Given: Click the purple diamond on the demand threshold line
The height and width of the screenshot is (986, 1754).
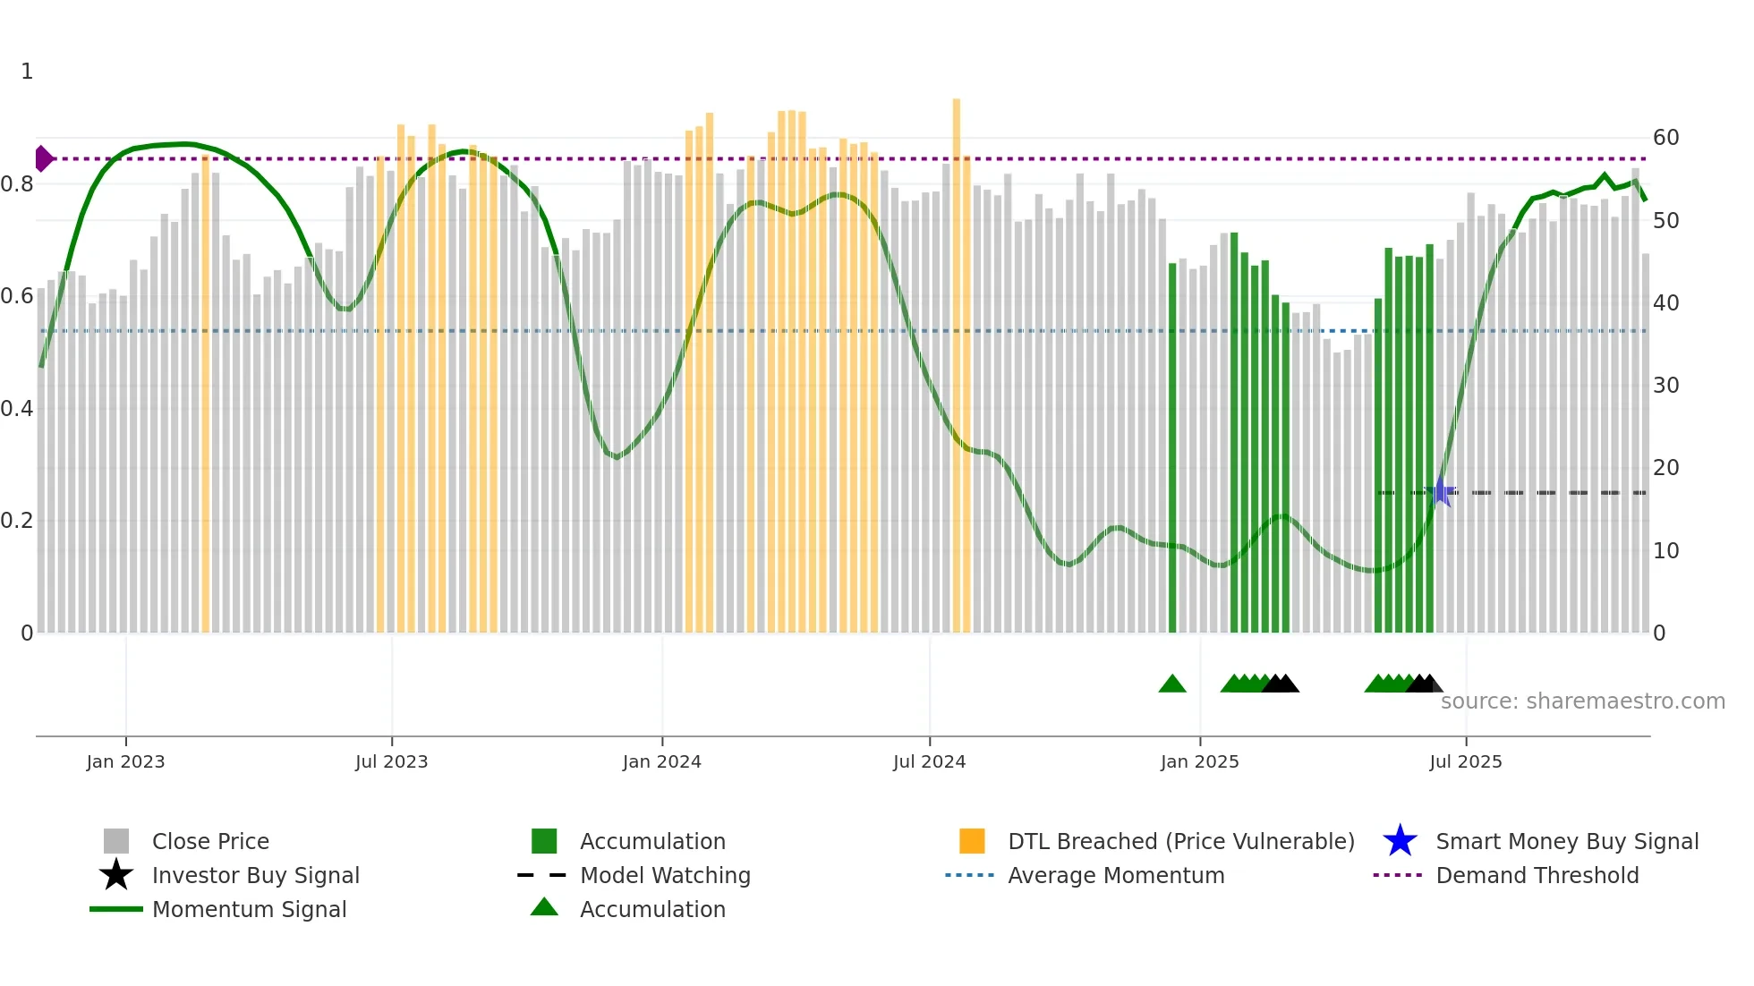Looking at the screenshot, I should (x=43, y=158).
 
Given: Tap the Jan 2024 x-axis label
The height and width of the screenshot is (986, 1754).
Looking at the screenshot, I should (x=661, y=761).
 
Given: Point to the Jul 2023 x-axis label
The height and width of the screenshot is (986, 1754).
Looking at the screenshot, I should (x=391, y=761).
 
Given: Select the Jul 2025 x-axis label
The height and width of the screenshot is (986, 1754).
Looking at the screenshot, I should (x=1465, y=761).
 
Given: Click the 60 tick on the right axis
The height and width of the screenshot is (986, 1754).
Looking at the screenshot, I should (x=1665, y=138).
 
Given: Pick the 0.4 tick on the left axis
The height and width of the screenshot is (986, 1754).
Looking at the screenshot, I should (x=17, y=409).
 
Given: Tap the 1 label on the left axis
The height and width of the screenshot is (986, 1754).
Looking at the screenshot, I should (x=27, y=72).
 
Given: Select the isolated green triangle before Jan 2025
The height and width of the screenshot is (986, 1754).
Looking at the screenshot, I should (x=1171, y=684).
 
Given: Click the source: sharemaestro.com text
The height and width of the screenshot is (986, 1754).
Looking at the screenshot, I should (x=1582, y=701).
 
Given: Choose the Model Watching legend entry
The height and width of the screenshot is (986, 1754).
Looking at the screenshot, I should (x=664, y=875).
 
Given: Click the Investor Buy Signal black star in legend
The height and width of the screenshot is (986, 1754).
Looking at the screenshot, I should (x=116, y=875).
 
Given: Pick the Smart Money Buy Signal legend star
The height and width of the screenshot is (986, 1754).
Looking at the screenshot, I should (x=1400, y=841).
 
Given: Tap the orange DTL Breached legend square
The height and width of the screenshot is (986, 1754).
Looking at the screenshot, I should (x=972, y=841).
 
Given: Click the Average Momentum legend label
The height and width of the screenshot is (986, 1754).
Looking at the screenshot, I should (x=1115, y=875).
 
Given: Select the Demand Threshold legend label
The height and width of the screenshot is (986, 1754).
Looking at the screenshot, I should (x=1537, y=875).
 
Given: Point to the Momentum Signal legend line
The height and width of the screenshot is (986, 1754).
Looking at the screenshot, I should (x=116, y=909).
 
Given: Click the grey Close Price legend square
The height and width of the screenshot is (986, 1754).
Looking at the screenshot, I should (x=116, y=841).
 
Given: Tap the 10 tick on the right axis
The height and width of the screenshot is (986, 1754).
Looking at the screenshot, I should (x=1665, y=551).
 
